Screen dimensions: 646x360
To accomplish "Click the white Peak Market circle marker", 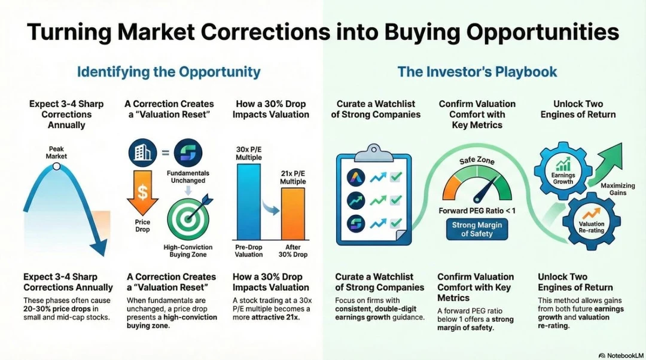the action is click(x=57, y=166).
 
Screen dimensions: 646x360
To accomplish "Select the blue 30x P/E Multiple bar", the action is click(x=248, y=202).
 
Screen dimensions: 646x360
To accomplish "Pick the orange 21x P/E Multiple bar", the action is click(x=293, y=213).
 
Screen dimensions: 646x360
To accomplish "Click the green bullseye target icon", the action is click(x=188, y=218).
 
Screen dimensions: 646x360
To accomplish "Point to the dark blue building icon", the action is click(x=142, y=152).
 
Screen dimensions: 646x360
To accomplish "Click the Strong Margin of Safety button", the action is click(x=477, y=230).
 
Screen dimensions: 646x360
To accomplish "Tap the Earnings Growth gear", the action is click(x=563, y=170).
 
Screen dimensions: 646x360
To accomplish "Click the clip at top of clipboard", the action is click(x=374, y=152).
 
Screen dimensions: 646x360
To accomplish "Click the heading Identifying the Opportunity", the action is click(x=169, y=72).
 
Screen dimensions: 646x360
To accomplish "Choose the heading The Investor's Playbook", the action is click(x=477, y=72).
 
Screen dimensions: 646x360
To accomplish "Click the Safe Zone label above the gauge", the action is click(x=477, y=160).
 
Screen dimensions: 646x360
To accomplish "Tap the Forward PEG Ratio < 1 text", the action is click(x=477, y=211).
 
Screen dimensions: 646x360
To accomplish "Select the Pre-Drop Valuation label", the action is click(x=249, y=251).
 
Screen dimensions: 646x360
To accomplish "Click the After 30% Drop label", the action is click(x=293, y=251).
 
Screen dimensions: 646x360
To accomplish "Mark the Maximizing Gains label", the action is click(x=617, y=189).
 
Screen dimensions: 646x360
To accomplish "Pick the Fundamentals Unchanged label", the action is click(x=188, y=176).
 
